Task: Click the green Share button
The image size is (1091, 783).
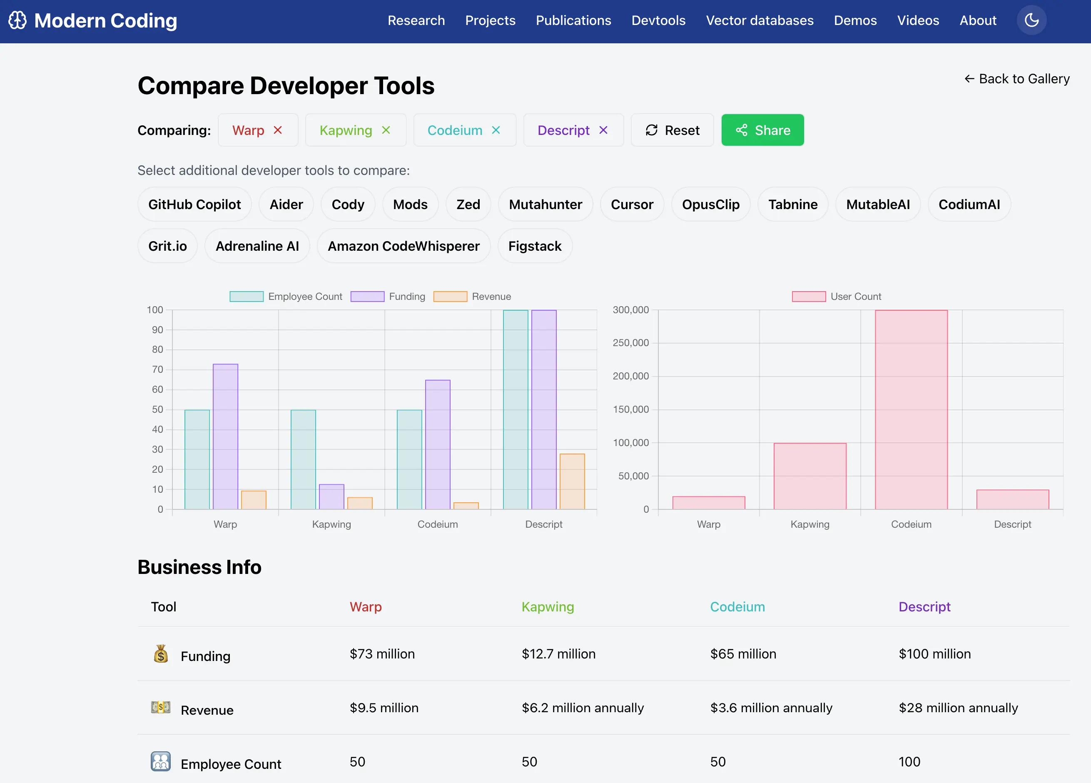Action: point(762,130)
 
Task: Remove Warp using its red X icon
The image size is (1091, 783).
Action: point(278,130)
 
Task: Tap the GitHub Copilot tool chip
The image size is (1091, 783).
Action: point(194,204)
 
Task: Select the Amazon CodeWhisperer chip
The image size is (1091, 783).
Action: point(403,246)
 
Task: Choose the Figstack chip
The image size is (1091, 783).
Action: point(534,246)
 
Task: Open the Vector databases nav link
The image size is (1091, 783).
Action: point(759,20)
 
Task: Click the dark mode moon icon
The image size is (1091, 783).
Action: point(1031,20)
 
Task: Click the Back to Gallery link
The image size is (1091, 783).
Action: point(1016,78)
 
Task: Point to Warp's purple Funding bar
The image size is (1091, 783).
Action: point(225,436)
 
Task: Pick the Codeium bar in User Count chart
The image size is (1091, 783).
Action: point(911,409)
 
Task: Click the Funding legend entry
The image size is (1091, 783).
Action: point(388,297)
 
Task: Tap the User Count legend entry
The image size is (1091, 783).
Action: point(836,297)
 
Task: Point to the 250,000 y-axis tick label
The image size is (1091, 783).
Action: point(630,343)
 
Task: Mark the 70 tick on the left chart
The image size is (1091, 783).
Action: point(157,369)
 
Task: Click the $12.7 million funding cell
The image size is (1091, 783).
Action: point(558,653)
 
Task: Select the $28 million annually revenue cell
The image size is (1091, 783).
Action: point(958,708)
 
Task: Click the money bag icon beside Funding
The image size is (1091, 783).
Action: point(161,654)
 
